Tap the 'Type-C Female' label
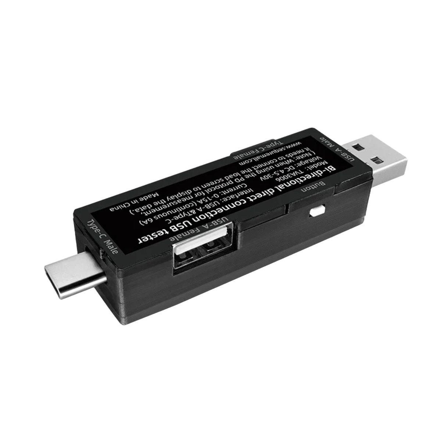coord(259,149)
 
